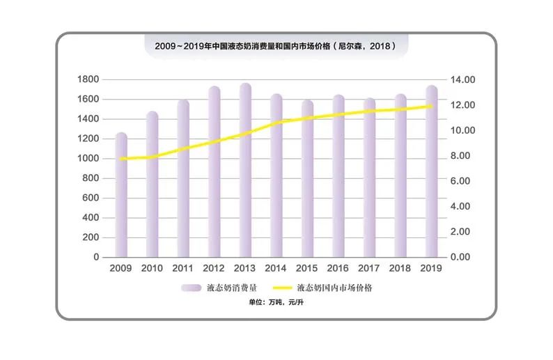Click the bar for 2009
pos(121,195)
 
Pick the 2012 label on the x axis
pos(214,268)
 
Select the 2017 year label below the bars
pos(369,268)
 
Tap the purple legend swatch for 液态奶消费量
pos(192,288)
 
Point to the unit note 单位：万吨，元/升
pos(276,303)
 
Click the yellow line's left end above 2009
pos(122,159)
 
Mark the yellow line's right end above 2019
pos(432,107)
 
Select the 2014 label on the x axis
pos(276,268)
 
